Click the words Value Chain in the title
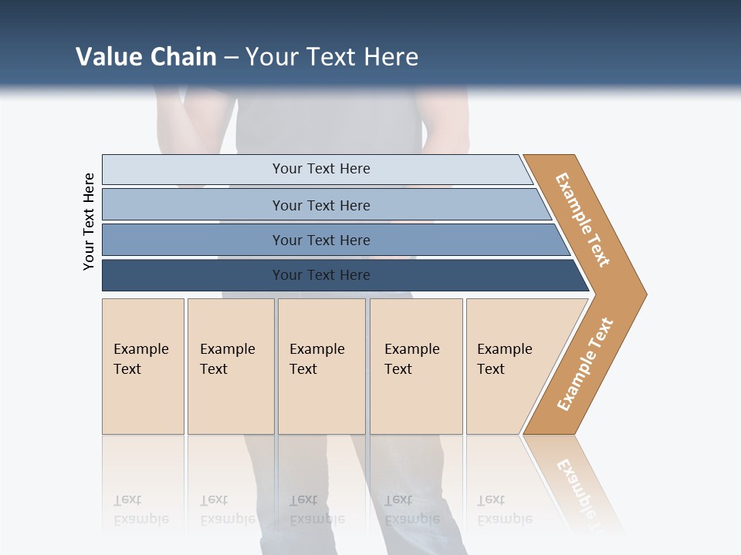(146, 57)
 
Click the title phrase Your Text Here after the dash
(332, 57)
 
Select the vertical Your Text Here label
(89, 221)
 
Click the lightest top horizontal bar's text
(321, 169)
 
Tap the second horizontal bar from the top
(321, 205)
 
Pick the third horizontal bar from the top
(321, 240)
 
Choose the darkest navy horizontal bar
(321, 275)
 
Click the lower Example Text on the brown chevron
(585, 365)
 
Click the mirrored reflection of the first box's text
(140, 510)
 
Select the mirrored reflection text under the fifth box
(505, 510)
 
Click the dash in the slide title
(231, 58)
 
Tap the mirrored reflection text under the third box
(316, 510)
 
